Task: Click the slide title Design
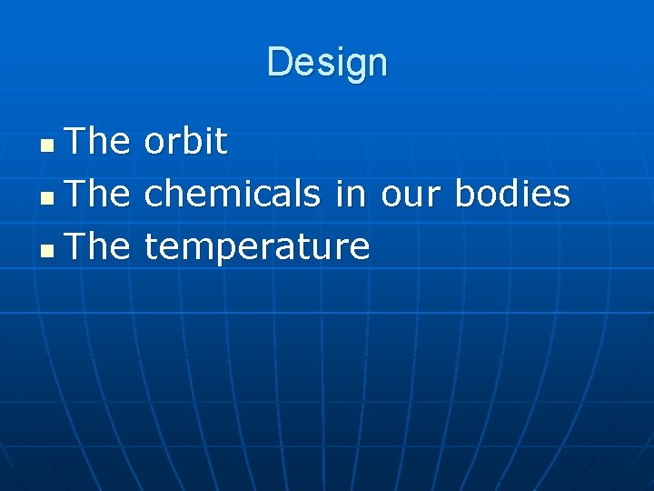(x=327, y=63)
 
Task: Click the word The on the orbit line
(x=99, y=141)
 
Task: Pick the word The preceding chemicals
(x=99, y=194)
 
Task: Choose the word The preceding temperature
(x=99, y=246)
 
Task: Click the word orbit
(x=185, y=141)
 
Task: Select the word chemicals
(x=233, y=194)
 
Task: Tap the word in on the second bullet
(x=350, y=194)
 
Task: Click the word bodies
(x=512, y=194)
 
